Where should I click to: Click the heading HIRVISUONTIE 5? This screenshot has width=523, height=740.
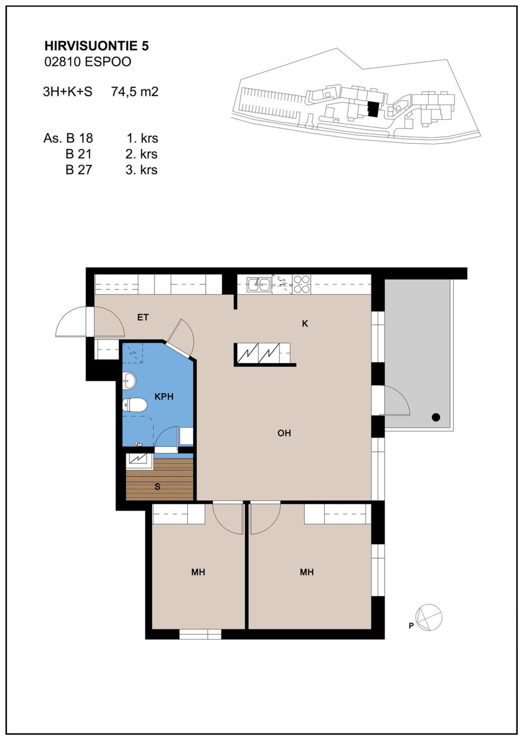[96, 46]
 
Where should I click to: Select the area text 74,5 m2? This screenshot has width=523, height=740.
[135, 92]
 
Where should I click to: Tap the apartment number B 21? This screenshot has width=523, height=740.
[78, 154]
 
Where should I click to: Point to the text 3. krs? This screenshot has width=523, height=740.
[142, 170]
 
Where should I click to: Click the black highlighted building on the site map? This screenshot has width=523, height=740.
[372, 109]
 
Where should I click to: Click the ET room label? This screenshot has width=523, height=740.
[143, 318]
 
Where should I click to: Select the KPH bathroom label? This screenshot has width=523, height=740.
[164, 397]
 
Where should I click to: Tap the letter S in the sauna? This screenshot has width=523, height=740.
[157, 487]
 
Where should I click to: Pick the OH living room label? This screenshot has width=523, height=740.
[284, 433]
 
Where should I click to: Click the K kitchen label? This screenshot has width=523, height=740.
[305, 324]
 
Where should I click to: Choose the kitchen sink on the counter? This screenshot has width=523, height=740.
[259, 284]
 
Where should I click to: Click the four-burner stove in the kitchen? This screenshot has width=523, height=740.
[302, 284]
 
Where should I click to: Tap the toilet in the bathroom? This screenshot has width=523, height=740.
[134, 405]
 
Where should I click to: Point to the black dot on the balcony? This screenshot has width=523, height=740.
[436, 417]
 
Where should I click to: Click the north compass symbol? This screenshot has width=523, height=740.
[429, 618]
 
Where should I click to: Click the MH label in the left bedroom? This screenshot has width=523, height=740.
[198, 572]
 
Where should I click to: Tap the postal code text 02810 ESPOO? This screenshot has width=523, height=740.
[88, 62]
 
